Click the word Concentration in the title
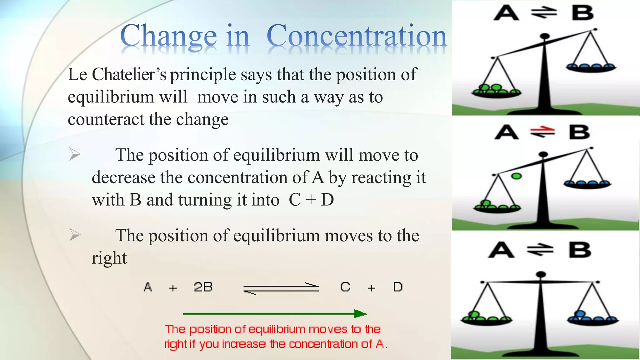357,36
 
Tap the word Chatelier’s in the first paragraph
129,75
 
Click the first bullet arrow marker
75,154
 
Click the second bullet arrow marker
75,235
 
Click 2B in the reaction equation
203,287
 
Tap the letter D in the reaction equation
398,287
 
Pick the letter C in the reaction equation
345,287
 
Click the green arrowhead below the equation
360,313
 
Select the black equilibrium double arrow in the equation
281,288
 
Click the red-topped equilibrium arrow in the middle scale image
543,132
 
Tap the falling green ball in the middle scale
516,176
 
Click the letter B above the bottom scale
580,250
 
